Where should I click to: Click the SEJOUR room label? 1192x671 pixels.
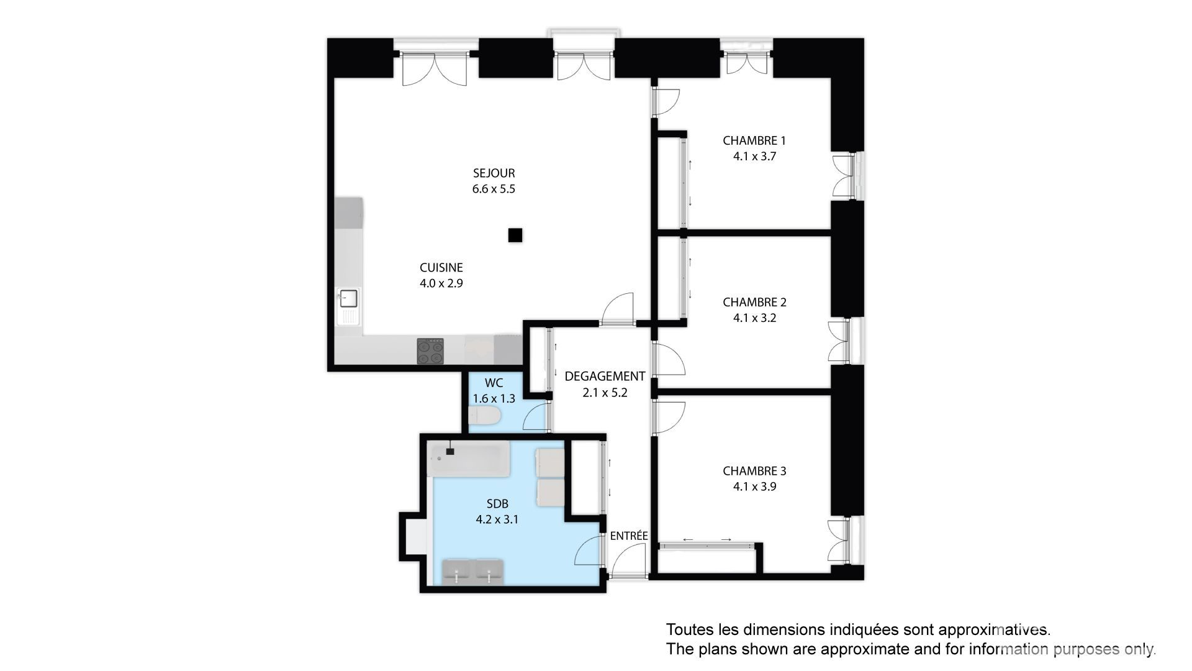tap(494, 173)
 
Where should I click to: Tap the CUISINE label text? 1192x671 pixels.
tap(441, 268)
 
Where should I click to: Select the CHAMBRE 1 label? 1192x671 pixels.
tap(754, 140)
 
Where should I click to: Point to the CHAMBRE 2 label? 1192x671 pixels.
tap(754, 303)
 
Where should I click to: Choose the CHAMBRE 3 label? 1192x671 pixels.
tap(754, 471)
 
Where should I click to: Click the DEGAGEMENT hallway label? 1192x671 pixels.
tap(605, 377)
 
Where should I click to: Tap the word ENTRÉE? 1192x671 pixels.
tap(629, 536)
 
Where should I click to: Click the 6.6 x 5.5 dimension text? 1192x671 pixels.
tap(494, 189)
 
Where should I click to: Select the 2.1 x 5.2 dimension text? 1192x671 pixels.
tap(605, 393)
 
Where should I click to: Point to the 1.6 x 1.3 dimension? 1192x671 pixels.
tap(494, 399)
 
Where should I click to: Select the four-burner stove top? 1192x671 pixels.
tap(431, 351)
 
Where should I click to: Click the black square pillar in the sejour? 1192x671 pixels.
tap(515, 235)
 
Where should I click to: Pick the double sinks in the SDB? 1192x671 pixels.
tap(472, 572)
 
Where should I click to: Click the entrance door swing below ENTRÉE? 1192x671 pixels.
tap(628, 560)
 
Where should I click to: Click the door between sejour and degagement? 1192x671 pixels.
tap(618, 309)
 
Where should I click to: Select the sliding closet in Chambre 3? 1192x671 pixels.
tap(707, 545)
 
